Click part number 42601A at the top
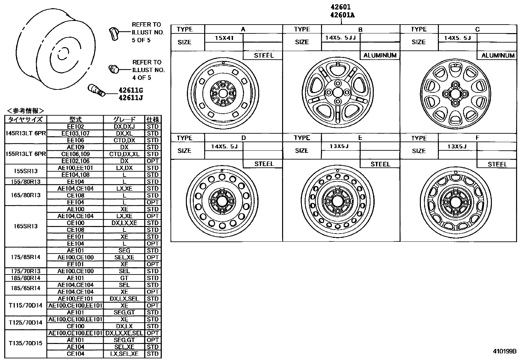342,15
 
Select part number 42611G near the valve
131,90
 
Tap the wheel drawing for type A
223,93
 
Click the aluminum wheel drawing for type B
338,93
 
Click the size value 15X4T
224,38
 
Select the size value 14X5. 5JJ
340,38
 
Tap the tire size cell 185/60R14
26,278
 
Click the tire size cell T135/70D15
26,343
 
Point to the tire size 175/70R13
26,271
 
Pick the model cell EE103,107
75,133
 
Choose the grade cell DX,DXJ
124,126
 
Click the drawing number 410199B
504,351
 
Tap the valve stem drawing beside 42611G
96,90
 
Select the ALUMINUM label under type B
380,55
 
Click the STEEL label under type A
263,55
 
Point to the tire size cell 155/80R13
26,181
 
